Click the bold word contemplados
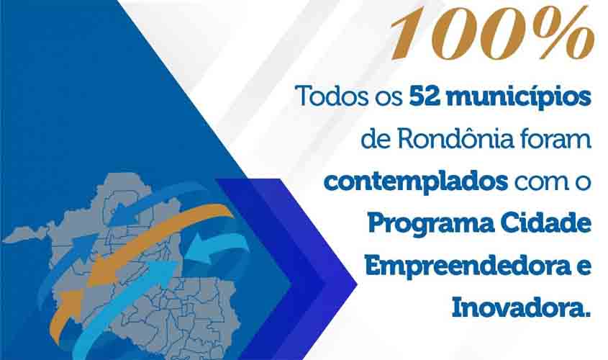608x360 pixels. (x=415, y=181)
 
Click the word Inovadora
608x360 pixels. (x=520, y=307)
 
